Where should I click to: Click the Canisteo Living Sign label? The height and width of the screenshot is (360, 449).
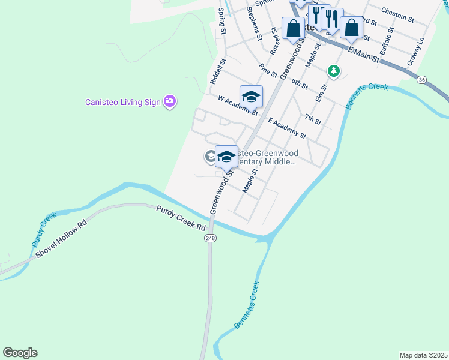[122, 102]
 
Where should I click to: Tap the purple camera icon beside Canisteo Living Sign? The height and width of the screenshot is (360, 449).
[170, 101]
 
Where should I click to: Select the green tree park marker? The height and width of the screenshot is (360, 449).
[334, 71]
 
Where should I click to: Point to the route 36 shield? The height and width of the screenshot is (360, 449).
[422, 79]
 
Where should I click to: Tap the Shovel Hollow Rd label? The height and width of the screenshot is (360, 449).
[61, 239]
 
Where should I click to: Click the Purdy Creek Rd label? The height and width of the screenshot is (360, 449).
[181, 219]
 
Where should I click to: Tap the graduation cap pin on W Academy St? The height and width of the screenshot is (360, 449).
[251, 96]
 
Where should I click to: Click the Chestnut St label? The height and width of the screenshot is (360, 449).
[397, 16]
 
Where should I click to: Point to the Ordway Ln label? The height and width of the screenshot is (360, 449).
[415, 52]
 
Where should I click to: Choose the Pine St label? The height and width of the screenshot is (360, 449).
[268, 71]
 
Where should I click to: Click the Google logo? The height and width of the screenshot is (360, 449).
[20, 353]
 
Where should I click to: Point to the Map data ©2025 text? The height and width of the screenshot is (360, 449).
[423, 355]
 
